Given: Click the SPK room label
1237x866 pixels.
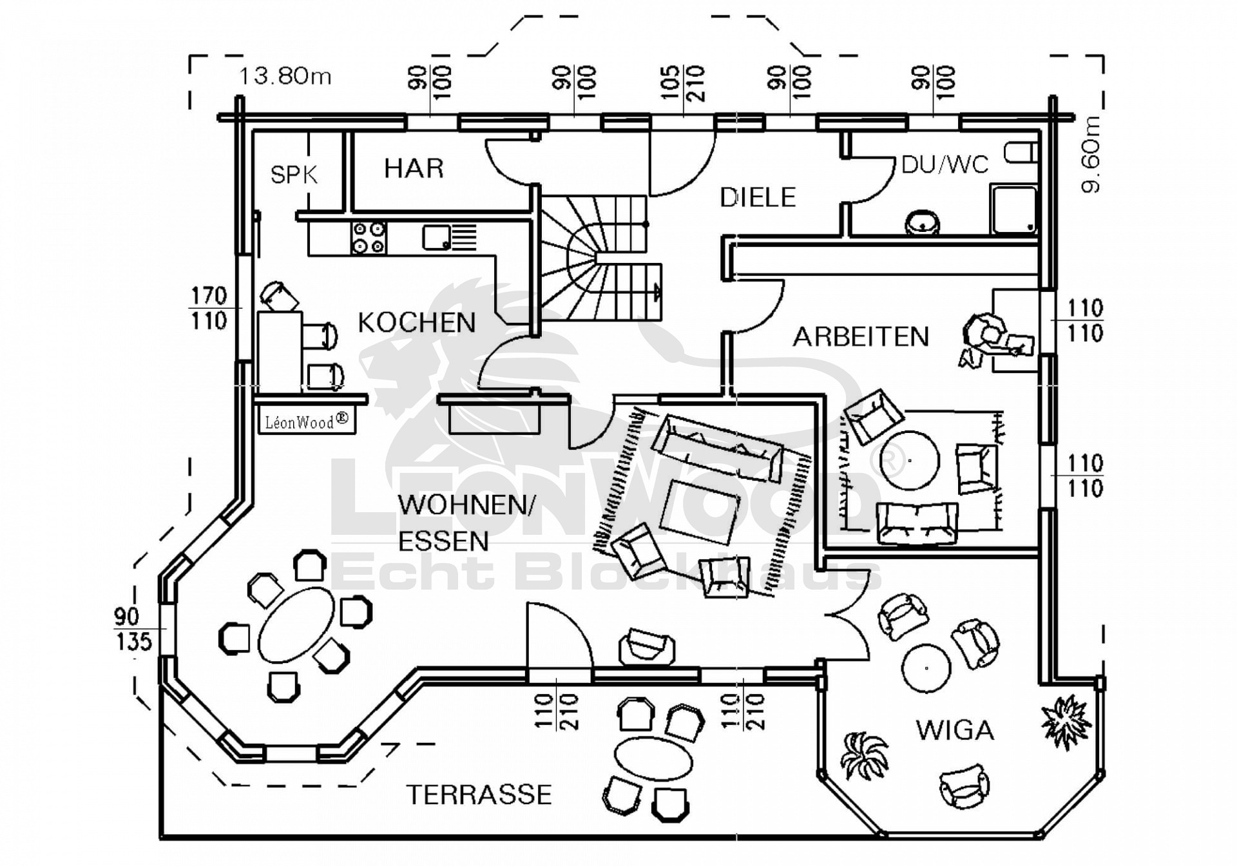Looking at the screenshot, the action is point(294,175).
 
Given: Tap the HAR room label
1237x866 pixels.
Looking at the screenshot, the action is point(414,168).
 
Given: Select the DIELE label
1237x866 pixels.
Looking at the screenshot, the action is point(758,197).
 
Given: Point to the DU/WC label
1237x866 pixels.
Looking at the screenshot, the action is point(945,165).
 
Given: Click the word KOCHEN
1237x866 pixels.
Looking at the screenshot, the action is point(417,323).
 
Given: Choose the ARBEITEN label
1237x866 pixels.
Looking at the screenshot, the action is point(861,336).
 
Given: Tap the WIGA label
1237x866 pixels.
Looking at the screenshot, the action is point(955,730).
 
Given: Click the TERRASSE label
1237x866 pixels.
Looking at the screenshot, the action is point(479,794).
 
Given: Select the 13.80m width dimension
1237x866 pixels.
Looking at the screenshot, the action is point(285,76).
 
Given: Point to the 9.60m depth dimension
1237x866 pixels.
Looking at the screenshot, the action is point(1091,155).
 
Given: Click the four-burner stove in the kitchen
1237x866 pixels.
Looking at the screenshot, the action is point(369,237).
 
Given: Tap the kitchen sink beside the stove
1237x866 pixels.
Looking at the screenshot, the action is point(437,237).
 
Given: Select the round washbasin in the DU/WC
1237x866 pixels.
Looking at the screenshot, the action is point(923,223).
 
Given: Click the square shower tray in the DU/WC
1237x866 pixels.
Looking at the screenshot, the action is point(1014,209).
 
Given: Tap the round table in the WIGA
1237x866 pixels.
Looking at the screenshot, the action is point(926,668).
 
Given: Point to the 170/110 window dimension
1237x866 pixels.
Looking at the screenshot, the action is point(209,309).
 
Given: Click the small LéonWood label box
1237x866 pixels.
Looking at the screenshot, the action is point(307,421).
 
